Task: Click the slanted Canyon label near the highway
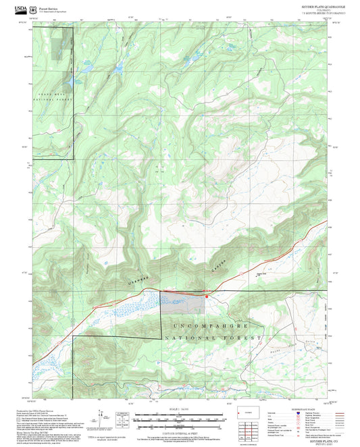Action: tap(216, 267)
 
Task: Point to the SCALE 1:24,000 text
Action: tap(180, 409)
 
